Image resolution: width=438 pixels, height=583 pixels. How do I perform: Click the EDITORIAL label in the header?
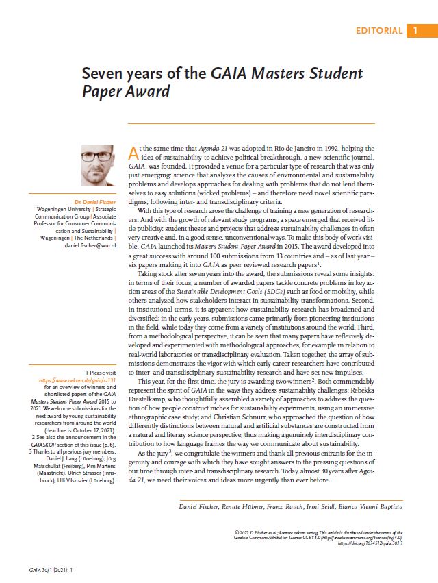click(x=379, y=31)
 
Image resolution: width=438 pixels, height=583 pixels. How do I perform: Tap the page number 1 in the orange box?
click(x=415, y=31)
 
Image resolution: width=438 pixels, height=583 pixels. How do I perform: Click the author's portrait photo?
click(x=98, y=166)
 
